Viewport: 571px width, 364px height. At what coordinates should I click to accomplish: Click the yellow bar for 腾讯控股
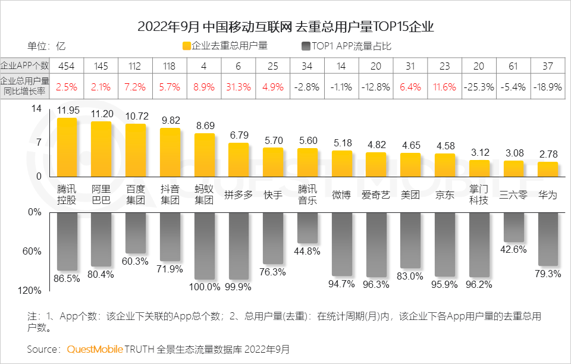67,147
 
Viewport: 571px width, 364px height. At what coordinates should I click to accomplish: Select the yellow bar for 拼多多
239,159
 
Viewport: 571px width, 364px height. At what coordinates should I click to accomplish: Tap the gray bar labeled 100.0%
204,246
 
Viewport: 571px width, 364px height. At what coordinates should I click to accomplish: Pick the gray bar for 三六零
514,227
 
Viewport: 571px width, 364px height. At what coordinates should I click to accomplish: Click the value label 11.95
67,110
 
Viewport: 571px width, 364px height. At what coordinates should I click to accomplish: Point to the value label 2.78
548,154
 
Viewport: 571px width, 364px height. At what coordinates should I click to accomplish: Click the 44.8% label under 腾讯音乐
308,251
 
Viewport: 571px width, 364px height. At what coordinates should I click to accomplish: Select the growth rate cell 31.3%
239,87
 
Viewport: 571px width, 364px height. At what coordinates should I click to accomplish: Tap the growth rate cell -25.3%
479,87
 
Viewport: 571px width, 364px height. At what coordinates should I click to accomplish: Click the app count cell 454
67,65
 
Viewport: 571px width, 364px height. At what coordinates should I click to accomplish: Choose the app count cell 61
514,65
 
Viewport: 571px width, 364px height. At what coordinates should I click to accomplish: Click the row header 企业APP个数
25,65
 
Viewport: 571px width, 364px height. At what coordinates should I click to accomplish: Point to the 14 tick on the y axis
37,109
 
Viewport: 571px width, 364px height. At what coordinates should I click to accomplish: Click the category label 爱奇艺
376,195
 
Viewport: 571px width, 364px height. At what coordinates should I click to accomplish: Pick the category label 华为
548,195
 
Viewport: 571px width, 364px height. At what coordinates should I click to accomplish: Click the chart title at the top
285,27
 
